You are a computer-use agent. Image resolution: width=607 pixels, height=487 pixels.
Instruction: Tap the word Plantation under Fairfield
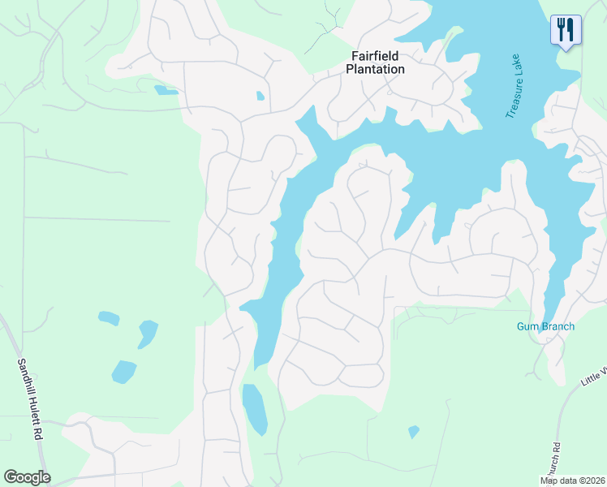pyautogui.click(x=375, y=70)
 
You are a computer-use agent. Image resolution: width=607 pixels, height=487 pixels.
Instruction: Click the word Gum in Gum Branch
pyautogui.click(x=527, y=326)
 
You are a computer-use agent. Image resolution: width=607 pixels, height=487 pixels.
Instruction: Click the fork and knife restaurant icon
pyautogui.click(x=566, y=30)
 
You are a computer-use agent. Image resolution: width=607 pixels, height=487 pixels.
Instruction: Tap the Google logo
pyautogui.click(x=27, y=477)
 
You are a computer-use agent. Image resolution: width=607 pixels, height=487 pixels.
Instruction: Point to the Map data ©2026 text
pyautogui.click(x=572, y=481)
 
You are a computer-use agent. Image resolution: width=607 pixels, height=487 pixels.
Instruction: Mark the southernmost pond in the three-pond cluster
pyautogui.click(x=124, y=372)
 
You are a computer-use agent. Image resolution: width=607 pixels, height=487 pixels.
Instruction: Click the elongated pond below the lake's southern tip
pyautogui.click(x=254, y=407)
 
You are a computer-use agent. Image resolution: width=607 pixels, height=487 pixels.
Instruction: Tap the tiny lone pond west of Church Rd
pyautogui.click(x=414, y=432)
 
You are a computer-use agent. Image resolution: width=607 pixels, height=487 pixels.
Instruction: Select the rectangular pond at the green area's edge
pyautogui.click(x=166, y=90)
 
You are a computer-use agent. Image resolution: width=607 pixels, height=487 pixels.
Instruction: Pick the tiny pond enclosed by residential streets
pyautogui.click(x=260, y=96)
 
